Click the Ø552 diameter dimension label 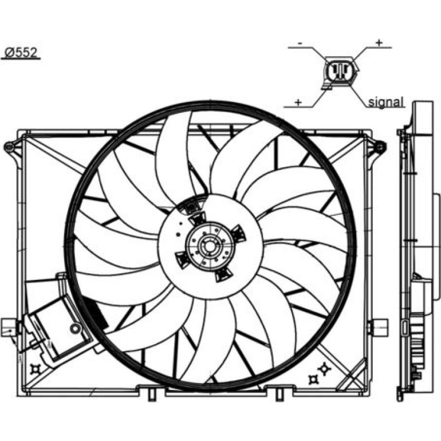[x=21, y=53]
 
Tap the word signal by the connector [x=386, y=102]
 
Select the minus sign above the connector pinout [x=300, y=44]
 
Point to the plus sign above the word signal [x=379, y=43]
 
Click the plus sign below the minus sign [x=298, y=102]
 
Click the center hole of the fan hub [x=209, y=246]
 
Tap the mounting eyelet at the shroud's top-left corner [x=9, y=146]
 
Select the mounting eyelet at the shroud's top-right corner [x=380, y=147]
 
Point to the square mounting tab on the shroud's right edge [x=380, y=327]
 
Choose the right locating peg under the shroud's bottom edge [x=279, y=394]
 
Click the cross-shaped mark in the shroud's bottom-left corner [x=36, y=369]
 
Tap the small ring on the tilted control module [x=75, y=328]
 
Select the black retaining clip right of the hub [x=238, y=233]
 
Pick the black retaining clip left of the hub [x=182, y=259]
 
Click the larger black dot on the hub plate [x=178, y=234]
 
